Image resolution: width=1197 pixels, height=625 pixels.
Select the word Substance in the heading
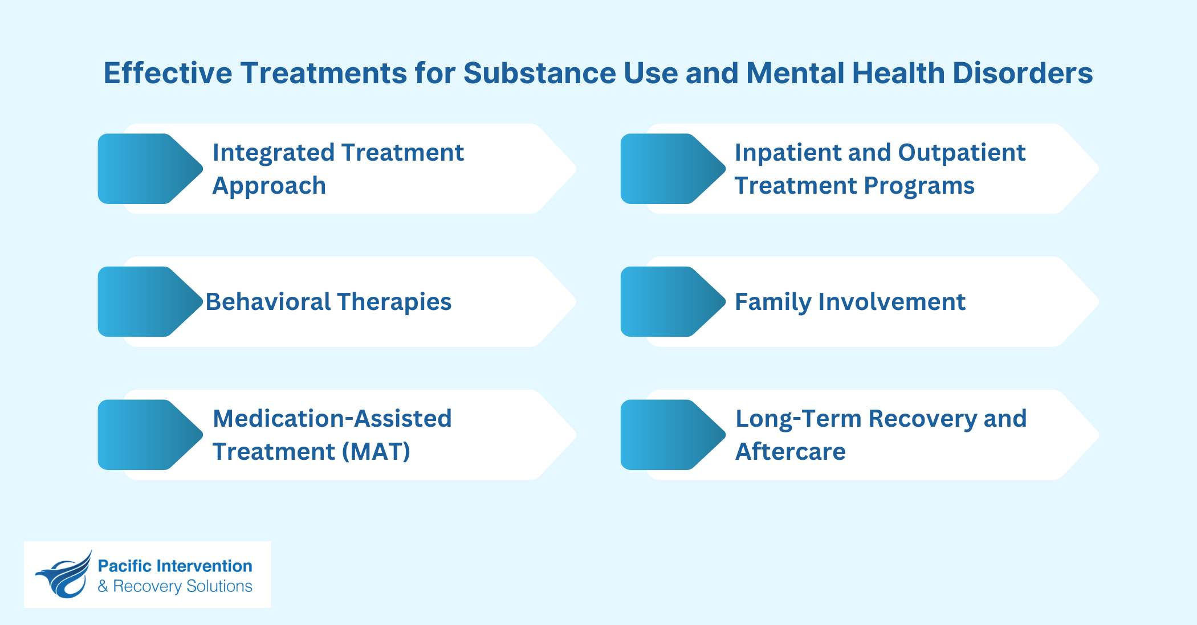539,73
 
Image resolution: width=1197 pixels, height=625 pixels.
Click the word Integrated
273,153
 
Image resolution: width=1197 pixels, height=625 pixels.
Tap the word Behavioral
267,302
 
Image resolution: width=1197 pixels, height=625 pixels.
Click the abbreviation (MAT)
376,452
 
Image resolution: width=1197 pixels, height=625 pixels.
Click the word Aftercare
790,452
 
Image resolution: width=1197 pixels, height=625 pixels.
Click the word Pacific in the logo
124,566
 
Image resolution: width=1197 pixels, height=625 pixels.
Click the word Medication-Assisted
332,419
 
